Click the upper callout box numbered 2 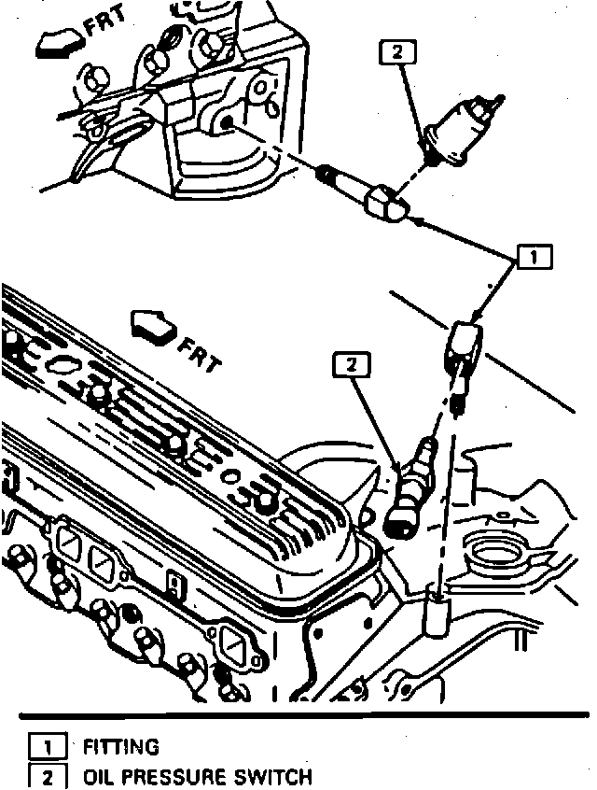coord(396,53)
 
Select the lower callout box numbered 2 coord(351,367)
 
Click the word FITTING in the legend coord(121,747)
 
